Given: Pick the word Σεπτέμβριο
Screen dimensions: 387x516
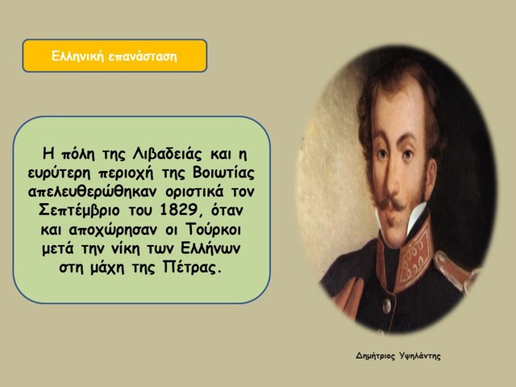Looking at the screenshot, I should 81,211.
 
